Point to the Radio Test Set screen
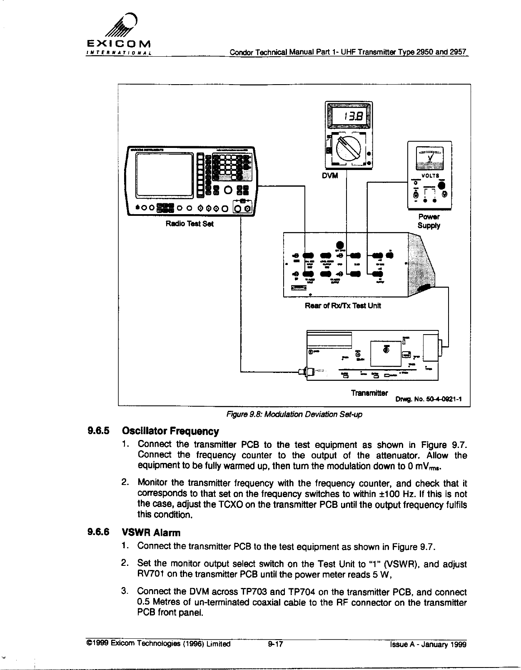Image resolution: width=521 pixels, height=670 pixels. (164, 174)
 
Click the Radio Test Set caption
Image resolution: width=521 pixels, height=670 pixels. (189, 224)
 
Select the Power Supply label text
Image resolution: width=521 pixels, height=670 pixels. (429, 221)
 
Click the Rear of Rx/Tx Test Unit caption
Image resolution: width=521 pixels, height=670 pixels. (343, 305)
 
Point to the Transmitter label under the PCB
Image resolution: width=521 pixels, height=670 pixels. (369, 393)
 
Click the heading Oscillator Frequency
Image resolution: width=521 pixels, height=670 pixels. (170, 431)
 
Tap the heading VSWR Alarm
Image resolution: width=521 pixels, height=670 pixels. (151, 532)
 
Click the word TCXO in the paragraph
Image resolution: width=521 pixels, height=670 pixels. (228, 505)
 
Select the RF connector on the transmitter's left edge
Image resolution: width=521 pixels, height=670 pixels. (303, 372)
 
